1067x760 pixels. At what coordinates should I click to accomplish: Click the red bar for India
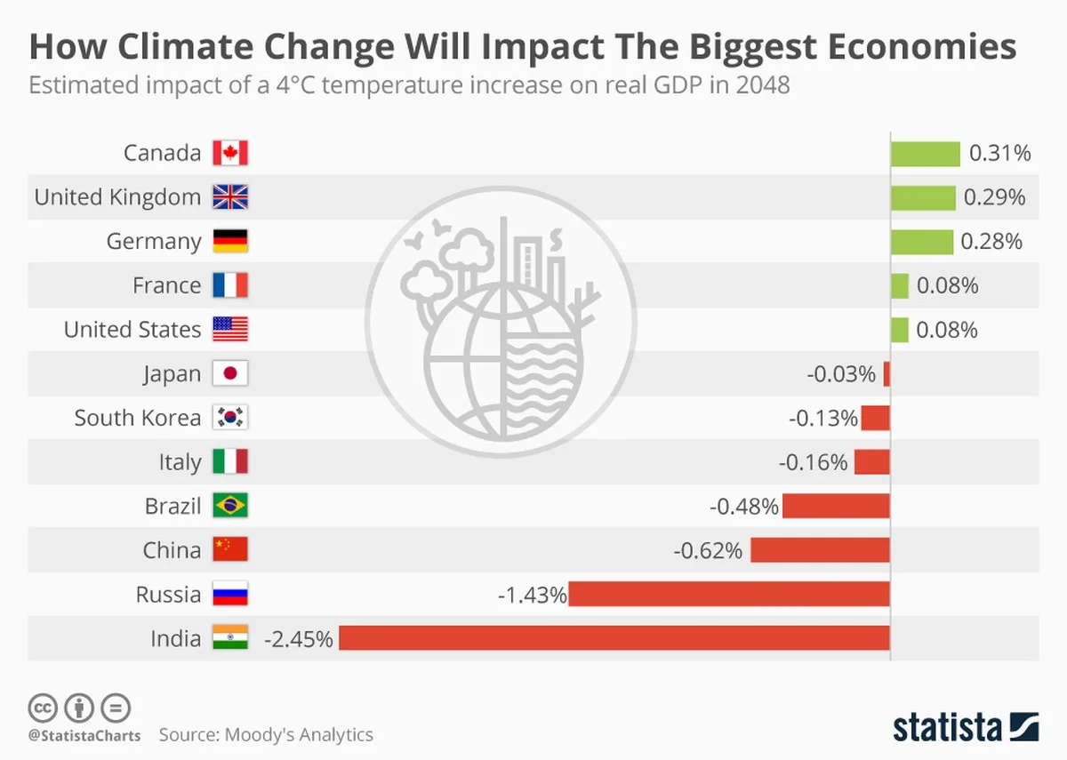pyautogui.click(x=614, y=638)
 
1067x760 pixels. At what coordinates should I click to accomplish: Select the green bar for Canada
pyautogui.click(x=926, y=153)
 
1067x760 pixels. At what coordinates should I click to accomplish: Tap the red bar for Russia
pyautogui.click(x=729, y=594)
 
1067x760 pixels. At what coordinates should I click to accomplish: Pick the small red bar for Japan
pyautogui.click(x=886, y=373)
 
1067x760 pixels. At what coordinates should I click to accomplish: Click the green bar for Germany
pyautogui.click(x=922, y=241)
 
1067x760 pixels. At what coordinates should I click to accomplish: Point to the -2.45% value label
pyautogui.click(x=299, y=638)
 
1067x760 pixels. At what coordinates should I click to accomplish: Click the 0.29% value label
pyautogui.click(x=995, y=197)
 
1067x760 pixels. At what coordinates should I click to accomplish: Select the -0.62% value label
pyautogui.click(x=708, y=550)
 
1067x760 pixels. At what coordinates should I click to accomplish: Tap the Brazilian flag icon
pyautogui.click(x=230, y=506)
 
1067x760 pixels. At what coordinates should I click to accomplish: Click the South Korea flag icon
pyautogui.click(x=230, y=418)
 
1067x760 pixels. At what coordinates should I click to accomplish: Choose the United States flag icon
pyautogui.click(x=230, y=330)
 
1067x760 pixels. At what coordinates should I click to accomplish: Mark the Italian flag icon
pyautogui.click(x=230, y=462)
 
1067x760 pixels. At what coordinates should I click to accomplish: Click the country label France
pyautogui.click(x=166, y=285)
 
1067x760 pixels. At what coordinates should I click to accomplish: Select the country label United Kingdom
pyautogui.click(x=117, y=197)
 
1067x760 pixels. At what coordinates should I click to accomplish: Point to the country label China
pyautogui.click(x=172, y=550)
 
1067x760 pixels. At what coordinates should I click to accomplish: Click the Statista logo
pyautogui.click(x=966, y=725)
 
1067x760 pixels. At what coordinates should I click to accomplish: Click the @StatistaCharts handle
pyautogui.click(x=84, y=735)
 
